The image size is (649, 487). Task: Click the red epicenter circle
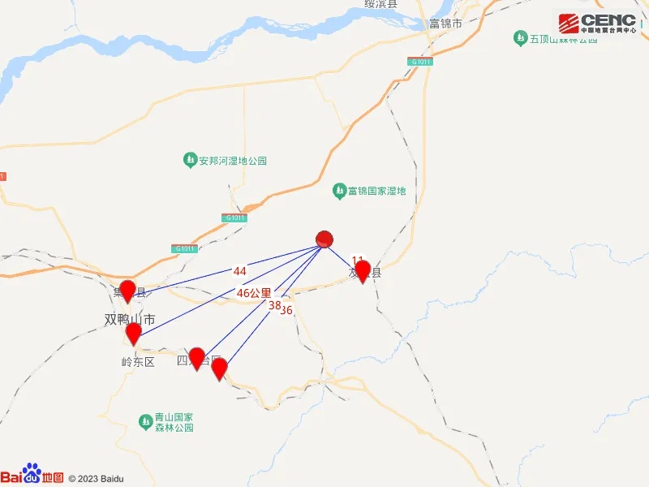324,239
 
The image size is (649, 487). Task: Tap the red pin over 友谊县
363,270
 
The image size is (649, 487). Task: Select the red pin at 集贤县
127,290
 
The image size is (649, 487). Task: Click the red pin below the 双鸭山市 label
133,333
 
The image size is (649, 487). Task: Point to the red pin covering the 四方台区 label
196,358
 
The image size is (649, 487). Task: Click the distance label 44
239,270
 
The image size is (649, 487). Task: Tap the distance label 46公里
254,292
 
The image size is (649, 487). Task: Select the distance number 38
274,305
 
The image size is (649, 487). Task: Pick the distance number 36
286,310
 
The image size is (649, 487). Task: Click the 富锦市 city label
446,24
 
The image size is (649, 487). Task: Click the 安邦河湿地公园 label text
233,161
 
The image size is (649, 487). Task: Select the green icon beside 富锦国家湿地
339,191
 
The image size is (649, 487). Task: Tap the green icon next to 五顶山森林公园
520,37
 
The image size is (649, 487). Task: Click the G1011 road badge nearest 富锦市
421,62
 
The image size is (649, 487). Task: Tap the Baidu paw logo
31,472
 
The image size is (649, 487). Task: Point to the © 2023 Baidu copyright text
97,479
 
